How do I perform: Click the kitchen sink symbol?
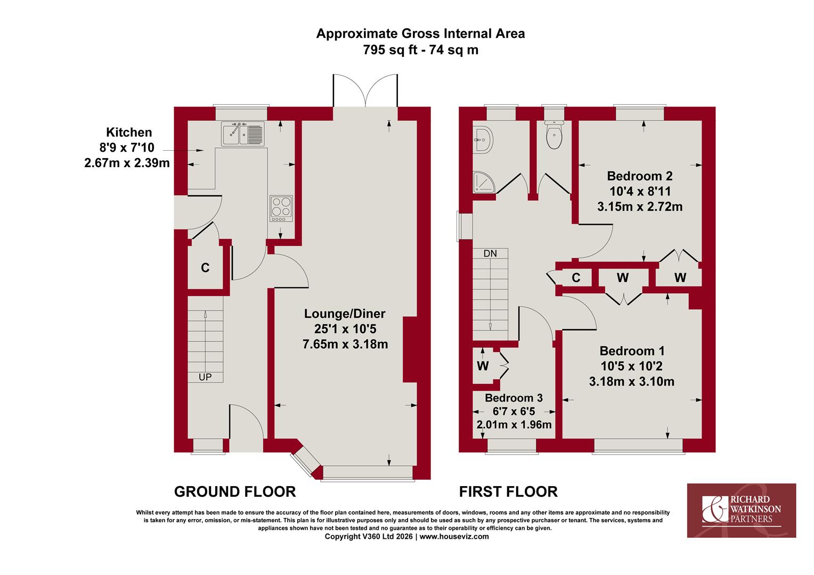[242, 134]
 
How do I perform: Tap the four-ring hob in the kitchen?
[281, 209]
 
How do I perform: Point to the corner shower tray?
[484, 182]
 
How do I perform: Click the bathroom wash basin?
[483, 140]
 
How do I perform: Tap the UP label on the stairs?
[205, 377]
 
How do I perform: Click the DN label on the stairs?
[490, 253]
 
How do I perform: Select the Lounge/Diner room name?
[345, 314]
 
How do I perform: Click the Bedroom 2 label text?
[640, 176]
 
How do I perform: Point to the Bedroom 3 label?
[514, 398]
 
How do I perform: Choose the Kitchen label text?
[129, 132]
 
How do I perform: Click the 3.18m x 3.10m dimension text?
[632, 381]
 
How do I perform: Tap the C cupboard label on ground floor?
[205, 268]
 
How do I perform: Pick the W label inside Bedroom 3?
[483, 366]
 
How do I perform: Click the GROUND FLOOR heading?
[235, 492]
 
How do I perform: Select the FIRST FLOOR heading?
[508, 492]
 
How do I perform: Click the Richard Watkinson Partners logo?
[742, 511]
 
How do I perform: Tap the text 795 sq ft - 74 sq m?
[420, 50]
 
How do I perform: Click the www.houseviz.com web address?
[454, 537]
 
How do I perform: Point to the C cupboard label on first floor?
[576, 278]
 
